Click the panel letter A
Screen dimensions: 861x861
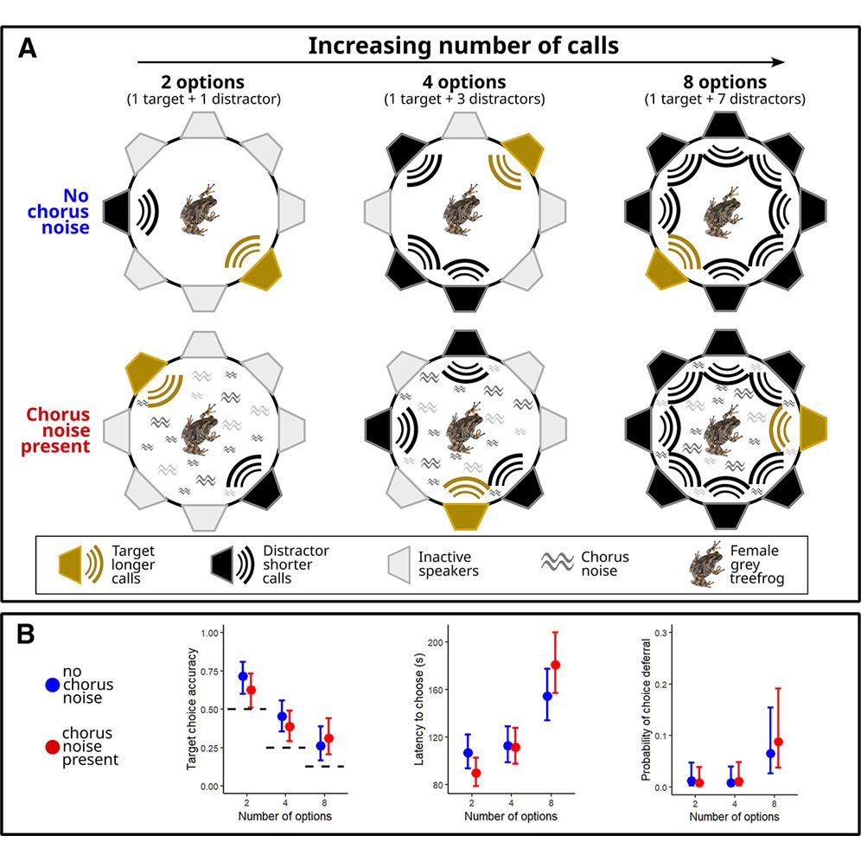tap(28, 48)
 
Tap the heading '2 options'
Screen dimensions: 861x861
tap(202, 82)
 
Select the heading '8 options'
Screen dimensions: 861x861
tap(724, 82)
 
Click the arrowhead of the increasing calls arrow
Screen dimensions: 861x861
tap(779, 62)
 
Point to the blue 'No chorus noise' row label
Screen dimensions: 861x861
tap(59, 212)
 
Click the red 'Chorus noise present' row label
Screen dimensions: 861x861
tap(55, 430)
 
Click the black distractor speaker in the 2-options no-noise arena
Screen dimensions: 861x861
tap(116, 211)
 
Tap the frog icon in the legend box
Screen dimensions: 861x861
tap(707, 564)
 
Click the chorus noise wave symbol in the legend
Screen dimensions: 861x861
tap(558, 562)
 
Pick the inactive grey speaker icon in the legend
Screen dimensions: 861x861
tap(399, 564)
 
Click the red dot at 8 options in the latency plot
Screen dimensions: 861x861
tap(555, 665)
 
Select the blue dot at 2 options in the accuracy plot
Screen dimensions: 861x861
tap(243, 676)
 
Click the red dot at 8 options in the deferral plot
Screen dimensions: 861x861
tap(778, 742)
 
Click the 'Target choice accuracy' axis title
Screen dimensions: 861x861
tap(191, 709)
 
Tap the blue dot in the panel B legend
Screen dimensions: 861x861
tap(52, 685)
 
